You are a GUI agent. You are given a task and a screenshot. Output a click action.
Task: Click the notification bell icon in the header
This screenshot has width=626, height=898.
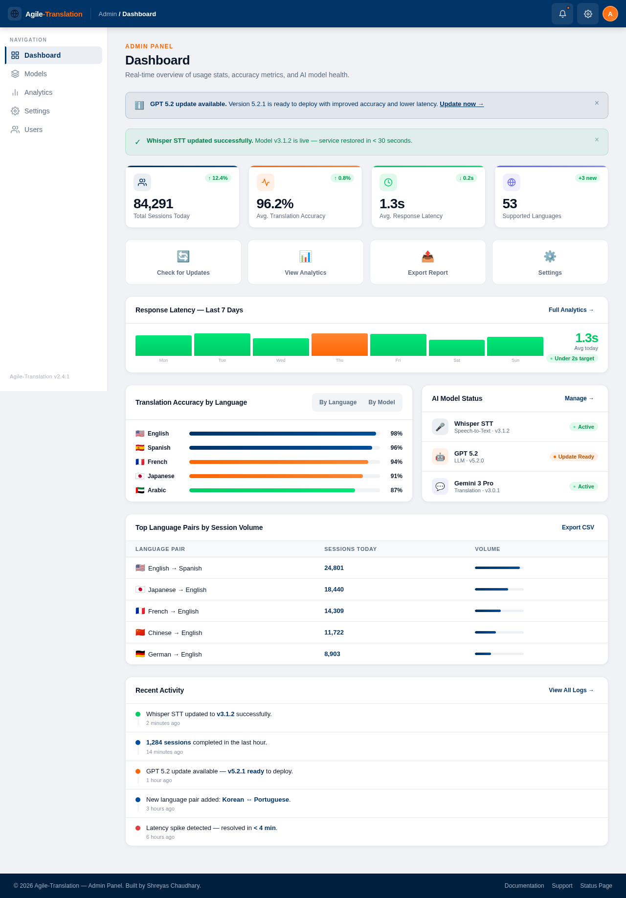(562, 14)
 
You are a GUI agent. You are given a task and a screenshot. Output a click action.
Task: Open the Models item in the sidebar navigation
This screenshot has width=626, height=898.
(35, 74)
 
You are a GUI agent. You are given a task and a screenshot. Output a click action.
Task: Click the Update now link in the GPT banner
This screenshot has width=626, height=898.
(461, 104)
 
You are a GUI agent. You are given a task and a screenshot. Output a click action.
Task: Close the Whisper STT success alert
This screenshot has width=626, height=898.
(597, 140)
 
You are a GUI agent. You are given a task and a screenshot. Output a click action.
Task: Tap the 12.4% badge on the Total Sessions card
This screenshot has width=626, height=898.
(218, 178)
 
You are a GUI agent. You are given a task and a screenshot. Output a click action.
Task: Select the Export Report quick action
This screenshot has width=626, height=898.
(427, 263)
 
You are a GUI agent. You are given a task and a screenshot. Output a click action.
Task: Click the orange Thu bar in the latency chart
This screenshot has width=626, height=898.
(339, 345)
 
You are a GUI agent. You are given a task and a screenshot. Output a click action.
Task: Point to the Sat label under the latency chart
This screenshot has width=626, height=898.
(456, 360)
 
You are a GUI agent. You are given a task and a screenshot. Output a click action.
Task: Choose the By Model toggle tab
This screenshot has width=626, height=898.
(381, 402)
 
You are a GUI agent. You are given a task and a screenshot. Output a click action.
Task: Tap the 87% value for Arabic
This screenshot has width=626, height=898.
(396, 490)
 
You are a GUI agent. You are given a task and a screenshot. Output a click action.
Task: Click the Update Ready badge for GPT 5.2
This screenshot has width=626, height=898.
(574, 457)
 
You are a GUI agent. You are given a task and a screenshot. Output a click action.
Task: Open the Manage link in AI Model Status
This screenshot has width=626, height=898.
(579, 398)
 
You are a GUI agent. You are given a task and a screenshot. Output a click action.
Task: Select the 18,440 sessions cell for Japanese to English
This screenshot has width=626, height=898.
(334, 590)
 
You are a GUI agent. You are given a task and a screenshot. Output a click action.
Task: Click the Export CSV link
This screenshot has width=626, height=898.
(578, 527)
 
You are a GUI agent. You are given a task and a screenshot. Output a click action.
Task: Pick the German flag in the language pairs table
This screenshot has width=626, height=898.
(140, 654)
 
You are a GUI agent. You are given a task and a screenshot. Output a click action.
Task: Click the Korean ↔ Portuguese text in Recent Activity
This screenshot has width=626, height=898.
(256, 800)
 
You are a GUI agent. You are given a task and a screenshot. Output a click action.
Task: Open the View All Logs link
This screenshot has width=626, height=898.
(571, 690)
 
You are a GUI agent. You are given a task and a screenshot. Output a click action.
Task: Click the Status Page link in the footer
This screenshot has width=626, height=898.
(596, 886)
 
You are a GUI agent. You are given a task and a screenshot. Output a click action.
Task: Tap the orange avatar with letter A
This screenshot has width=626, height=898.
(610, 14)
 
